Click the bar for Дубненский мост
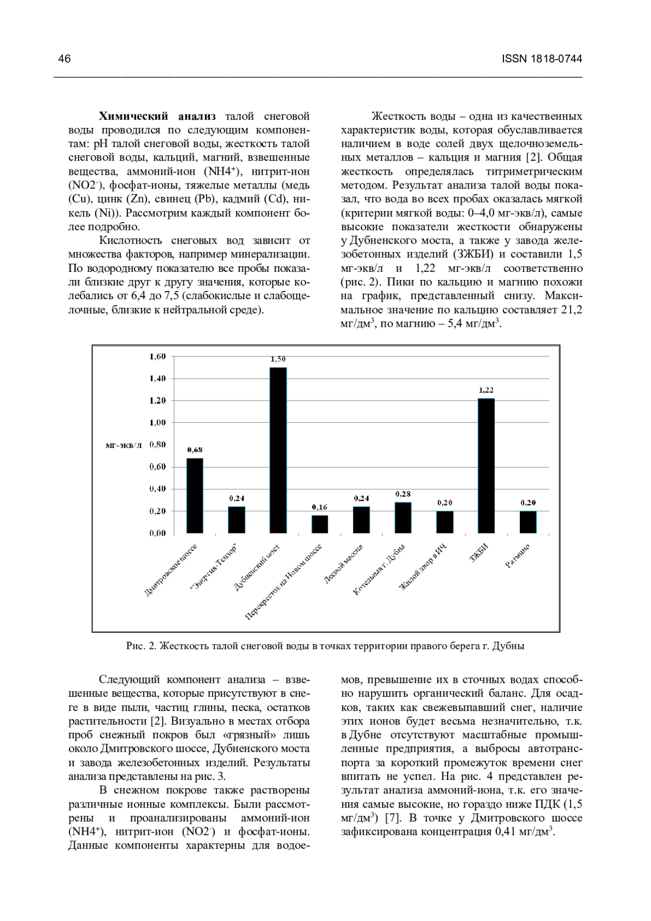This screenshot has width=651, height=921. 278,450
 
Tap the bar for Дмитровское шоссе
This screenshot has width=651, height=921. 195,495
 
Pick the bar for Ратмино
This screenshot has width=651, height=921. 528,522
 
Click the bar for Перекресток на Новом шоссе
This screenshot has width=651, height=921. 320,524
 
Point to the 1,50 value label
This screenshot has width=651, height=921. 278,359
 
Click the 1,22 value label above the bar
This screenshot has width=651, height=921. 486,390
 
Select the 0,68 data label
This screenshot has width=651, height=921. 195,449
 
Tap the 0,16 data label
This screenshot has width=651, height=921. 320,507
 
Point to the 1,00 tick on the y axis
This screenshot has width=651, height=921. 157,422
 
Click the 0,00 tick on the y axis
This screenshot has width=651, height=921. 157,533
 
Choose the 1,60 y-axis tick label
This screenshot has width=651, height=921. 157,356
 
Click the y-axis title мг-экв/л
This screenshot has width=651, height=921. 124,445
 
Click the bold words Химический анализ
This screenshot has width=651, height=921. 157,116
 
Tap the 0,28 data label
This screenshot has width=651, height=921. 403,494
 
